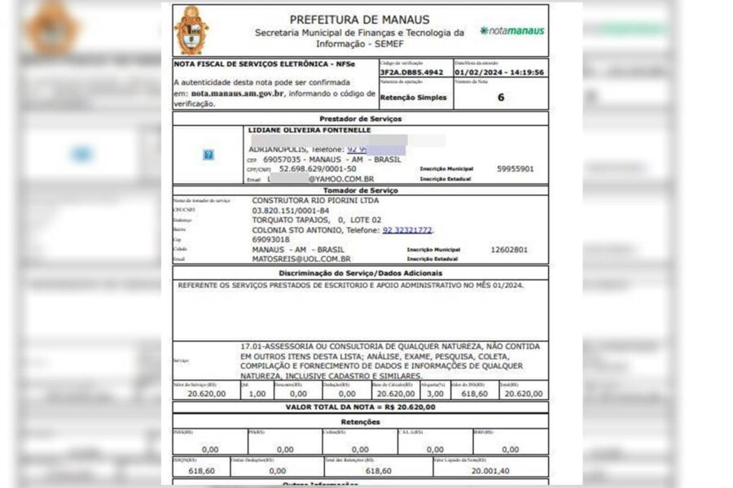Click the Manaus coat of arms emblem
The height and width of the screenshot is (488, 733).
191,29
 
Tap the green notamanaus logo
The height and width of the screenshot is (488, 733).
512,31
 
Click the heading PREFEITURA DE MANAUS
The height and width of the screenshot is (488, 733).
359,20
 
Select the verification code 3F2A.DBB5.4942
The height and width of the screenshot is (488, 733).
411,72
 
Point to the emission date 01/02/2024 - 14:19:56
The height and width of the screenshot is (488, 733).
499,72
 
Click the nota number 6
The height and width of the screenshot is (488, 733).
501,97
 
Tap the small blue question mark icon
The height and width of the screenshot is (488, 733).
208,155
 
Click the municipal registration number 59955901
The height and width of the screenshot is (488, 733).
515,169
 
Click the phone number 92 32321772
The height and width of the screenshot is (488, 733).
407,230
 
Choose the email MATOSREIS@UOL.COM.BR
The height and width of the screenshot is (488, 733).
301,259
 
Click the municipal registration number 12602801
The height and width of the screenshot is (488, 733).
509,250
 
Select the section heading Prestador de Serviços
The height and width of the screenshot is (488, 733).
359,119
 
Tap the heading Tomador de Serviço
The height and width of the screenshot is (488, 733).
359,190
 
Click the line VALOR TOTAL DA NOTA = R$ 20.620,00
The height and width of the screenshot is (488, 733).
360,407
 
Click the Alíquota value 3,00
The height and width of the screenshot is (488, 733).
436,394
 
